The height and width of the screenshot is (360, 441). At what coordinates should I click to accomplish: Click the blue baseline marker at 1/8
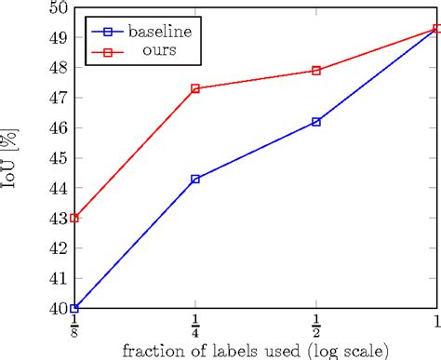tap(74, 308)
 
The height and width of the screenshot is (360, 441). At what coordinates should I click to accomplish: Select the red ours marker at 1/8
tap(74, 218)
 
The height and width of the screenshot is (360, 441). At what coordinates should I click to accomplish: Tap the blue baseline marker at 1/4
tap(195, 179)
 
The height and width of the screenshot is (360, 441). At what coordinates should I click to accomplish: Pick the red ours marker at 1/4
tap(195, 88)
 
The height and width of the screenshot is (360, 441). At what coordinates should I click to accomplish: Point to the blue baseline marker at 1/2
tap(316, 122)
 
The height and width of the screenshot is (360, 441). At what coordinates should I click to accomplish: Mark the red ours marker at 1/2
tap(316, 71)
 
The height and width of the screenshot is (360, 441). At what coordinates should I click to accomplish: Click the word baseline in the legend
tap(161, 32)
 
